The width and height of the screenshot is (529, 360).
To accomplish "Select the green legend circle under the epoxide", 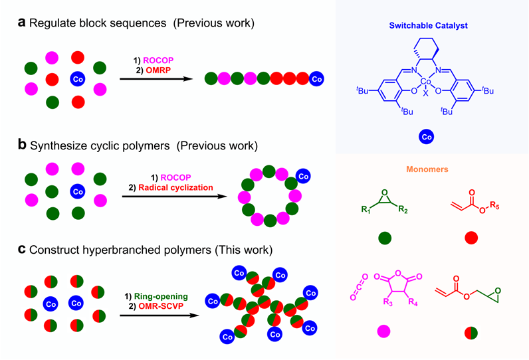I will tap(384, 238).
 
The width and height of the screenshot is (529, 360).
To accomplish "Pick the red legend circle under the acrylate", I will tap(471, 238).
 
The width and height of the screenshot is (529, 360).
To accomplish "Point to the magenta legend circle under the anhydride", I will tap(384, 330).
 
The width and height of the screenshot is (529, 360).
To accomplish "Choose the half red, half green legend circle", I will tap(471, 330).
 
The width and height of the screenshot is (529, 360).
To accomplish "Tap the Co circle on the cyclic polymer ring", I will tap(304, 177).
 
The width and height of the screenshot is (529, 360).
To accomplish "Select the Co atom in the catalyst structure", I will tap(426, 82).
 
